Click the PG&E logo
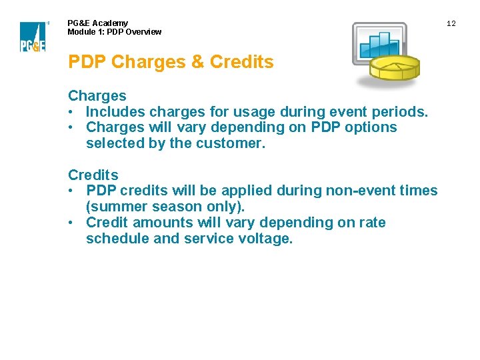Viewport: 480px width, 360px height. (x=33, y=37)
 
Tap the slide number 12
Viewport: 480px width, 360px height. (x=451, y=24)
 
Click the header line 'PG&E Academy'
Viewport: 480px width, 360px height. (x=97, y=23)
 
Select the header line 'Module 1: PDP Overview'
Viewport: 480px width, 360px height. (x=114, y=32)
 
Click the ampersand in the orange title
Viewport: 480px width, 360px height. (x=197, y=62)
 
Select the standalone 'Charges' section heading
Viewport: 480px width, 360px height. (x=97, y=96)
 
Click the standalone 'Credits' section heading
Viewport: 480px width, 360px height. (x=93, y=175)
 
